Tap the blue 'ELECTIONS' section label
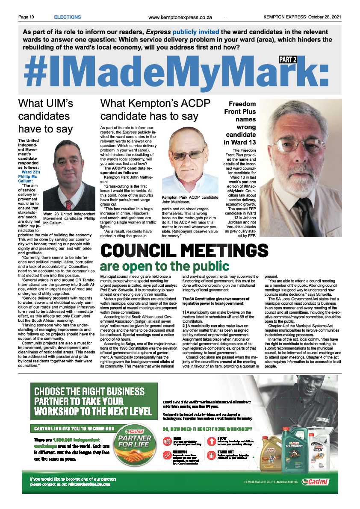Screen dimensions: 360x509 [x=67, y=17]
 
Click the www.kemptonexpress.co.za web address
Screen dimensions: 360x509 [x=180, y=18]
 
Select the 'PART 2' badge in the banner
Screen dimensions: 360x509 [x=288, y=60]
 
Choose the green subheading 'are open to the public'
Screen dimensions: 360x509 [x=165, y=266]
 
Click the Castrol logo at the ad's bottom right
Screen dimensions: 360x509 [x=316, y=482]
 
